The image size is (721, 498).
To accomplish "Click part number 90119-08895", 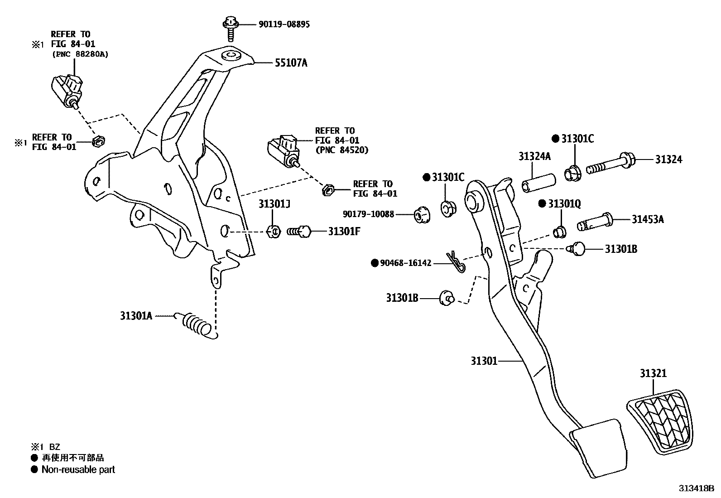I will point(284,24).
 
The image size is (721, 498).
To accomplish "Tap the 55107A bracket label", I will point(291,63).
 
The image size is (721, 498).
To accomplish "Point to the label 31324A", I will point(534,157).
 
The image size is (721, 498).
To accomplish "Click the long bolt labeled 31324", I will point(611,165).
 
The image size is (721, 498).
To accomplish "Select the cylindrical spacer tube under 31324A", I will point(538,181).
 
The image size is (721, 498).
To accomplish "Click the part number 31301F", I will point(344,232).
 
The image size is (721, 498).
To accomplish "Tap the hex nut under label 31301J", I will point(274,232).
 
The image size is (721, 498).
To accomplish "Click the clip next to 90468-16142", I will point(455,263).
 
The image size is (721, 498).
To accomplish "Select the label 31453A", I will point(648,220).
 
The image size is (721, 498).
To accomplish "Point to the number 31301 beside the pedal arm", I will point(484,361).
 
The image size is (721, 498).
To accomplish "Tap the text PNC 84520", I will point(342,150).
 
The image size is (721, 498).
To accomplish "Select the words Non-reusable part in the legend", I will point(78,470).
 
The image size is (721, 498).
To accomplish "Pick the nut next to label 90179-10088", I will point(422,215).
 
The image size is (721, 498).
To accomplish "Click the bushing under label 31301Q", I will point(559,231).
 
